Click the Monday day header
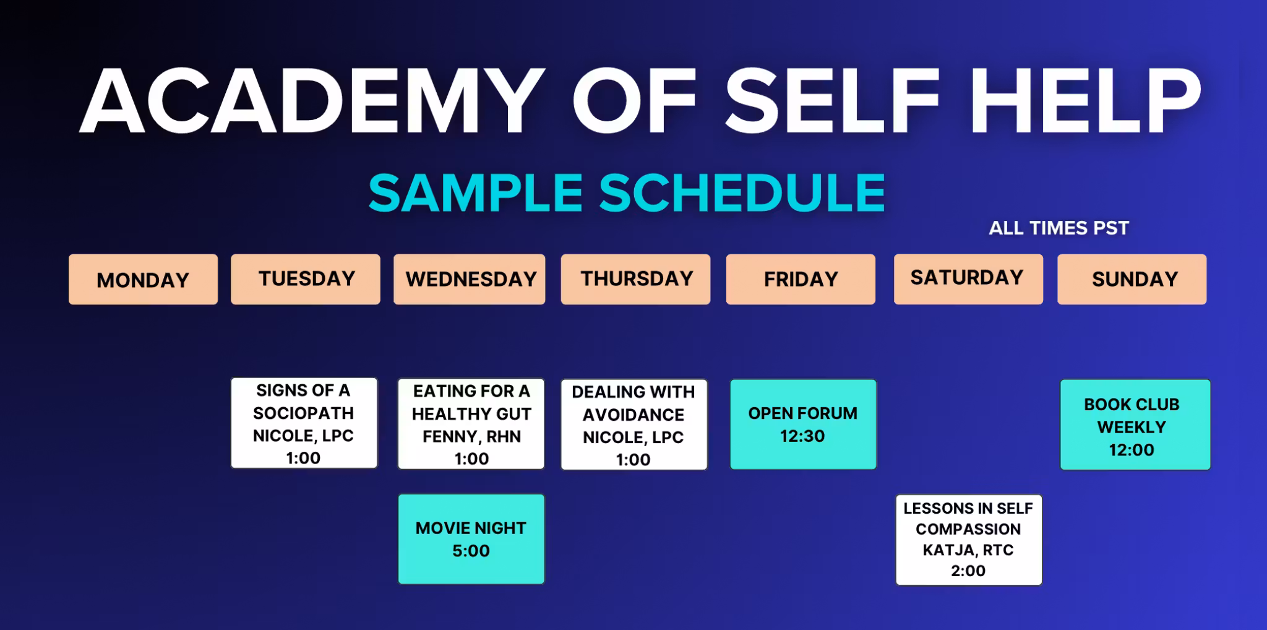click(x=143, y=279)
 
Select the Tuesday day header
click(x=306, y=279)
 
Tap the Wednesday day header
click(x=470, y=279)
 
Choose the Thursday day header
click(x=635, y=279)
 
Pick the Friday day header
click(x=801, y=279)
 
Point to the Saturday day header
click(x=968, y=279)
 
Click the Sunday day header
click(x=1132, y=279)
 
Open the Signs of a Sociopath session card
click(x=304, y=423)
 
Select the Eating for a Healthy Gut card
click(x=471, y=424)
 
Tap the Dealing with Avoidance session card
click(x=634, y=425)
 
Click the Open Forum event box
click(x=803, y=425)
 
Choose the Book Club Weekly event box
click(x=1135, y=425)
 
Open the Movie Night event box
click(x=471, y=539)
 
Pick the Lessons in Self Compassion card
click(x=969, y=540)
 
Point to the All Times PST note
click(x=1059, y=228)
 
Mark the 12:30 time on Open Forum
click(x=802, y=436)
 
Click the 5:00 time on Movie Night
click(x=471, y=551)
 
